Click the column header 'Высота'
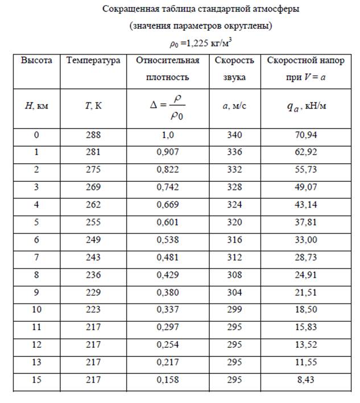(36, 60)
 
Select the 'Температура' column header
(93, 60)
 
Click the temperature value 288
(93, 135)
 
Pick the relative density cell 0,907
(167, 152)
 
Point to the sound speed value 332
(234, 169)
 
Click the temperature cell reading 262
(93, 204)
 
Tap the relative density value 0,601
(167, 222)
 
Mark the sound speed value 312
(234, 256)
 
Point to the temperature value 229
(93, 292)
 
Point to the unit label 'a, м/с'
(234, 106)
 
